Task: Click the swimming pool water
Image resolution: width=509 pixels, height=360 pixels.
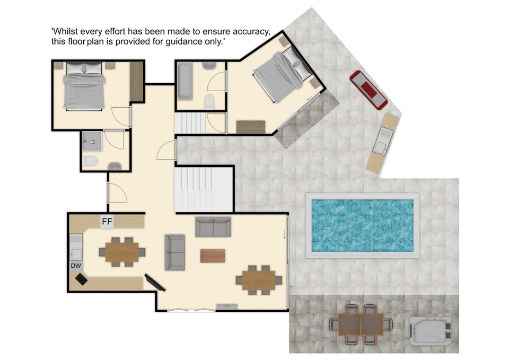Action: (362, 226)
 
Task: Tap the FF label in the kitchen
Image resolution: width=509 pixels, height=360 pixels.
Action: (107, 222)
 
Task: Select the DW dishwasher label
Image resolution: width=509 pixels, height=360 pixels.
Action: (76, 266)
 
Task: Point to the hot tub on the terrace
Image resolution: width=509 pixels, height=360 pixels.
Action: (430, 331)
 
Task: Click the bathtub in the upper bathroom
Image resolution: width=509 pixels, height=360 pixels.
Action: (185, 81)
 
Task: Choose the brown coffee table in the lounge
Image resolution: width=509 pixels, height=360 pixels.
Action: (213, 256)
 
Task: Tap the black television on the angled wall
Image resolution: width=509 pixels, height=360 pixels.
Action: (155, 283)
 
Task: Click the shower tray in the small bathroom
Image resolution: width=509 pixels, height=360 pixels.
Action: (92, 141)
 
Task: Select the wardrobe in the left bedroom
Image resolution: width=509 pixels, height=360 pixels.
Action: (136, 81)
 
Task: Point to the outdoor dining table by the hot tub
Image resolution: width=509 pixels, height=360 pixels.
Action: (361, 324)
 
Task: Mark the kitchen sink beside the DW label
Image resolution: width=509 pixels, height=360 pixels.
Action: (76, 247)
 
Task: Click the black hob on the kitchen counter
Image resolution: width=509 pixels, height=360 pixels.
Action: (81, 279)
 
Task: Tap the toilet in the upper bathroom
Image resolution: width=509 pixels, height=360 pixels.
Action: (210, 102)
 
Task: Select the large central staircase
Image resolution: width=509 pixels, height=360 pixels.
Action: (204, 189)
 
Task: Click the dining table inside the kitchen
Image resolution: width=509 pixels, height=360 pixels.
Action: (122, 252)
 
